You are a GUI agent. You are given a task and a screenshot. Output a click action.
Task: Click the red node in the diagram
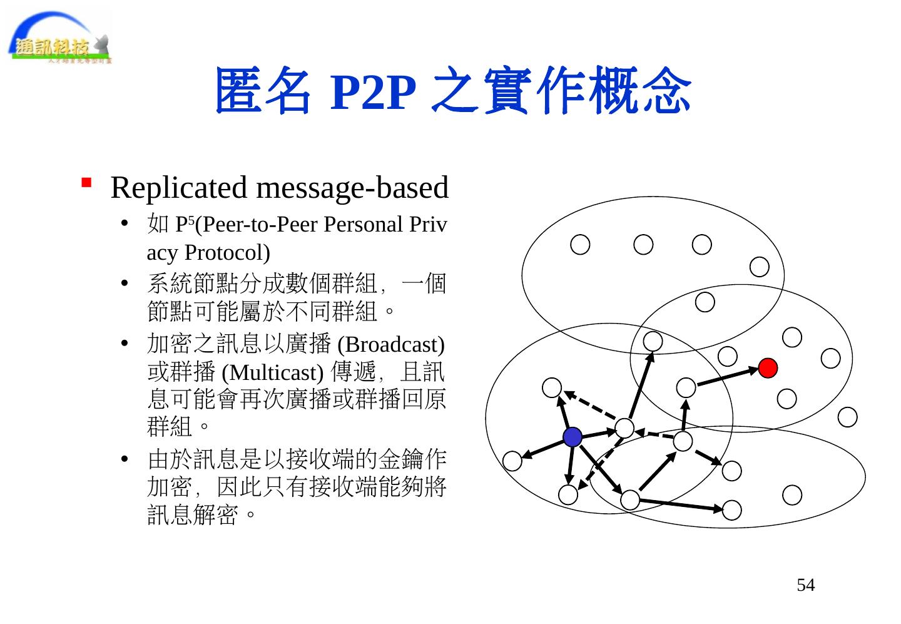pos(768,368)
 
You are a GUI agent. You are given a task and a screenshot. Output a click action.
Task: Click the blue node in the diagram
pos(572,437)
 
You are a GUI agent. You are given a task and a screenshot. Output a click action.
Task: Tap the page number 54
pos(805,585)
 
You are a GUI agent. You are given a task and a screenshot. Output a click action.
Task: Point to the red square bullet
pos(86,183)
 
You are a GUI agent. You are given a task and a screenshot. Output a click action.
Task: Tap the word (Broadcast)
pos(391,344)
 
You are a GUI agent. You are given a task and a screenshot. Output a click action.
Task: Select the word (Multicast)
pos(272,372)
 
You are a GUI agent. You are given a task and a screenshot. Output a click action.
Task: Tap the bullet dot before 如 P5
pos(124,225)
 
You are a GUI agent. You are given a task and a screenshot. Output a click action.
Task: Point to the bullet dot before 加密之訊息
pos(124,345)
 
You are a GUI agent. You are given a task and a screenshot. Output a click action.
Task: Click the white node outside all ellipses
pos(847,417)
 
